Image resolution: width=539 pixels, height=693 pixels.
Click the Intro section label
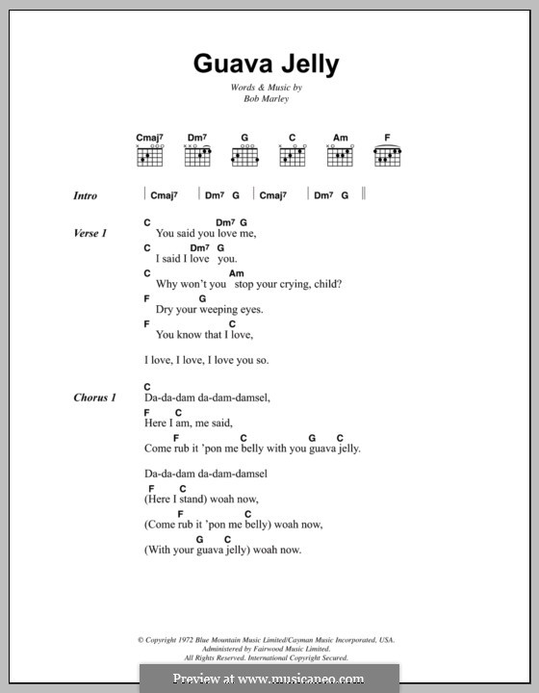[86, 195]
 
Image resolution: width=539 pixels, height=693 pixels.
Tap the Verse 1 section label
[90, 234]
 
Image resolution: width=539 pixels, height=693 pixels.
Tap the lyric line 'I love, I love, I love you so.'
[206, 361]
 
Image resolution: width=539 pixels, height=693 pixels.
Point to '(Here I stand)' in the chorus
[174, 500]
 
